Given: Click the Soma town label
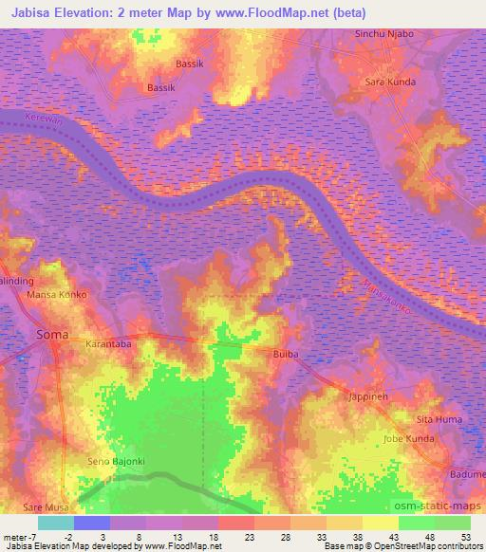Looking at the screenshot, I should [51, 335].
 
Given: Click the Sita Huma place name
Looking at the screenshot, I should [440, 418].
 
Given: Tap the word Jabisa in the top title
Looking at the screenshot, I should [28, 12].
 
